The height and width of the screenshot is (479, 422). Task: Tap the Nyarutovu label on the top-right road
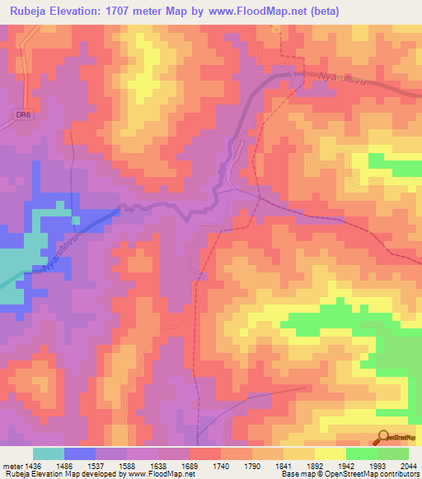340,78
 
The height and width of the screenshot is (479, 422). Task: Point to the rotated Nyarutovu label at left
59,253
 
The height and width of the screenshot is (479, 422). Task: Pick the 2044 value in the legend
409,465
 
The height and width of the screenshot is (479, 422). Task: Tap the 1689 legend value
190,465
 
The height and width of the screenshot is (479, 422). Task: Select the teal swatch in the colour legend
49,453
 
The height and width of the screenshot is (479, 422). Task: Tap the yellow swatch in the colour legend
331,453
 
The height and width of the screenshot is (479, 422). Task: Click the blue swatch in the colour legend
80,453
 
